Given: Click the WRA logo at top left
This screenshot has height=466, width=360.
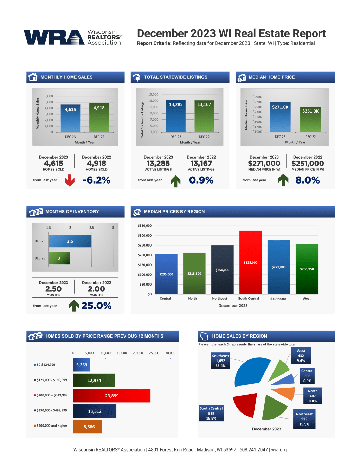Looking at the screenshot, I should tap(72, 37).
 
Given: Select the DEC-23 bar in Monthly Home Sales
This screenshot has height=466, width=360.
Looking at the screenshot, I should tap(70, 118).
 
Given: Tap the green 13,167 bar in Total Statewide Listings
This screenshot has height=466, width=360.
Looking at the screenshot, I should tap(204, 116).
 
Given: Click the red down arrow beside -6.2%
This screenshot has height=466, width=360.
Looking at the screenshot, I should tap(70, 180).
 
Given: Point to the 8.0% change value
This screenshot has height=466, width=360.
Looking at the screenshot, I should tap(307, 180).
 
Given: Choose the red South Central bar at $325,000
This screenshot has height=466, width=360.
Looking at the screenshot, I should tap(250, 262).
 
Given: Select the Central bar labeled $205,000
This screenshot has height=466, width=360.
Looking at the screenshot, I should tap(166, 274).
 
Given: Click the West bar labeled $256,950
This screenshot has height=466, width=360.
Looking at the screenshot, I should tap(307, 269).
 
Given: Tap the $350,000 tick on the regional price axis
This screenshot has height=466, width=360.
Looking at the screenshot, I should tap(144, 226).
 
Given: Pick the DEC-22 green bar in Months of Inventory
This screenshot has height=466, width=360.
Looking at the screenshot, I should tap(59, 258).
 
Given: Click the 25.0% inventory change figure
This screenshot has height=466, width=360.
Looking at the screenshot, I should tap(96, 306).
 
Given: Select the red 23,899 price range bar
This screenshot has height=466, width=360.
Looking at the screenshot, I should tap(112, 396).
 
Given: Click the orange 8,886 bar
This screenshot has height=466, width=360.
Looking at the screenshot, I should tap(88, 427).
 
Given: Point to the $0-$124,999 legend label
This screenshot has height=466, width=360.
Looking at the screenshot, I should tap(46, 365).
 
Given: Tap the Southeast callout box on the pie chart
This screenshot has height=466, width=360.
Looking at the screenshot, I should tap(220, 361).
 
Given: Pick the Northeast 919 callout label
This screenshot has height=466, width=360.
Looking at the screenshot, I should tap(304, 419).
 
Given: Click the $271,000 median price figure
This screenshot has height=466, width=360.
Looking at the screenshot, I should tap(264, 164).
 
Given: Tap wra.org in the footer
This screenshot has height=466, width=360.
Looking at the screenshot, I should tap(279, 450).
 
